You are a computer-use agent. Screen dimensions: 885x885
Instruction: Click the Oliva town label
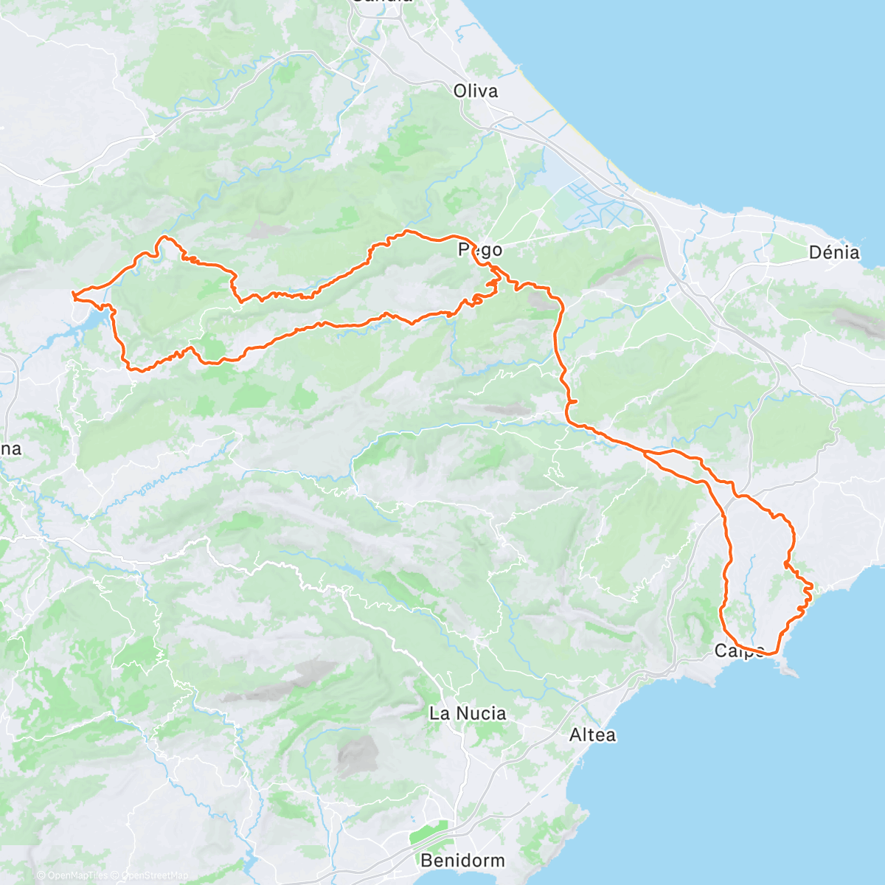tap(475, 91)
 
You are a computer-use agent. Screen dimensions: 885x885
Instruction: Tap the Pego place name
tap(481, 249)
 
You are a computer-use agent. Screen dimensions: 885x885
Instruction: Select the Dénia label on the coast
tap(834, 252)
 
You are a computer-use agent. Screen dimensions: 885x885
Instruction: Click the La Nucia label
tap(468, 713)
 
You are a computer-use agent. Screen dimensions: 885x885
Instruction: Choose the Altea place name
tap(592, 735)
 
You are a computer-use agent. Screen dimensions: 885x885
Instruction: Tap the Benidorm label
tap(462, 860)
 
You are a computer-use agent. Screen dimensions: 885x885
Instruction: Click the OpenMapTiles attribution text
tap(77, 875)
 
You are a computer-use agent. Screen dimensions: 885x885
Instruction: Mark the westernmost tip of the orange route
tap(72, 295)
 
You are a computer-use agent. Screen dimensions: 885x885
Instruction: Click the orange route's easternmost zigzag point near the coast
tap(812, 586)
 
